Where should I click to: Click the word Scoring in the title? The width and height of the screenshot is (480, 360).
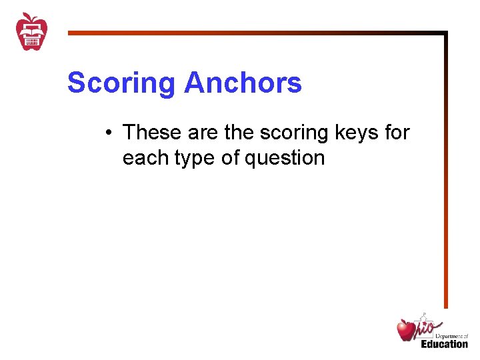click(122, 84)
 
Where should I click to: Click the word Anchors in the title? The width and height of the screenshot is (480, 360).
click(243, 83)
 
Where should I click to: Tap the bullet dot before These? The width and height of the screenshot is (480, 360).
click(107, 133)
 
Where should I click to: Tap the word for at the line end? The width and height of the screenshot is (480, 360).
click(397, 133)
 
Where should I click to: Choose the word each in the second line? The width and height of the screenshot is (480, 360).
click(143, 158)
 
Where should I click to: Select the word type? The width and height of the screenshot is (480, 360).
click(193, 159)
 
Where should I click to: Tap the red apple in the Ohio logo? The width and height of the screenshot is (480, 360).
click(406, 330)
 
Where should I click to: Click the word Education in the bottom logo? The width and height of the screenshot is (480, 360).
click(444, 344)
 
